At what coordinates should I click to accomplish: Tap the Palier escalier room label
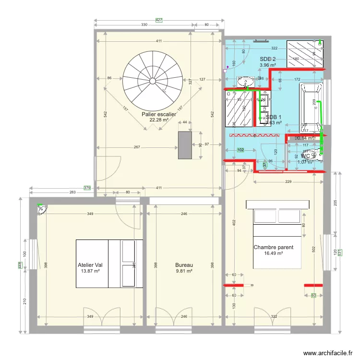pos(159,115)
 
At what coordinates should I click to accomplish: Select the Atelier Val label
pos(90,264)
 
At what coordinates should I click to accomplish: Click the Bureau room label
pos(184,264)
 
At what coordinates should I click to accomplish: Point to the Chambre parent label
pos(273,248)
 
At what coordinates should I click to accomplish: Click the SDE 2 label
pos(268,59)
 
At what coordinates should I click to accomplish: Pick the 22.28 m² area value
pos(159,120)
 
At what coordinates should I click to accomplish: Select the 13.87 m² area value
pos(90,271)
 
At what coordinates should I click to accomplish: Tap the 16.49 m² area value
pos(273,254)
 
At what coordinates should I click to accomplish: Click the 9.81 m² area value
pos(184,271)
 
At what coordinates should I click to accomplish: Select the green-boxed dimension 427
pos(159,20)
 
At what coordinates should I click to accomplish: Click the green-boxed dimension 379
pos(87,188)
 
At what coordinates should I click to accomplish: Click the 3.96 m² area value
pos(268,65)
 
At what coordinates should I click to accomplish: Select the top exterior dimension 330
pos(144,24)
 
